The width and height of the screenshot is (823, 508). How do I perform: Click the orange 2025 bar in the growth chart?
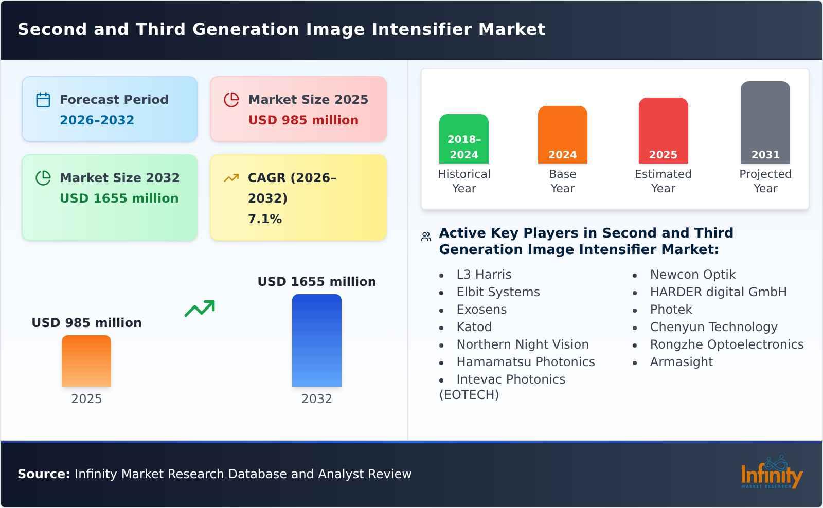(86, 361)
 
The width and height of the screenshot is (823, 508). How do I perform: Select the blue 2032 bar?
(316, 340)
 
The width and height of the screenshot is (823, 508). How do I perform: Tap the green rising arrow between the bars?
(200, 309)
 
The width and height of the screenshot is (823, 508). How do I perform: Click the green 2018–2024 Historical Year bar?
(463, 139)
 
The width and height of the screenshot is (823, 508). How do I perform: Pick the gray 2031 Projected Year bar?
(765, 122)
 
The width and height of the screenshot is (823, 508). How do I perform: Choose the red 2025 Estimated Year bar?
(663, 131)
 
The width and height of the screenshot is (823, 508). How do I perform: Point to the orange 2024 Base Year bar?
(562, 135)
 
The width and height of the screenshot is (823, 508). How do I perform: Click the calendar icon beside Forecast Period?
(43, 100)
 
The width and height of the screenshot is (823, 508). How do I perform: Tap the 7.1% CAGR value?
(265, 219)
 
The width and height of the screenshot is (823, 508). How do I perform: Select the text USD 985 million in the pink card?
(303, 120)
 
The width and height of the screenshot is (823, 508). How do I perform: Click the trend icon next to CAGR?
(231, 178)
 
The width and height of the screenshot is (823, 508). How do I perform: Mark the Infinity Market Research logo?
(771, 473)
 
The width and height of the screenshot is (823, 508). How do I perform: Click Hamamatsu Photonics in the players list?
(525, 362)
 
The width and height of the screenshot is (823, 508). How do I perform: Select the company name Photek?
(671, 310)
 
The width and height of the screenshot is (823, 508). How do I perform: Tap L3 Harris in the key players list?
(484, 275)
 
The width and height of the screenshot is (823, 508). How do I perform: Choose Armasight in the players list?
(681, 362)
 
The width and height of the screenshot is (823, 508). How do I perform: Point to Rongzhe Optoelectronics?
(726, 344)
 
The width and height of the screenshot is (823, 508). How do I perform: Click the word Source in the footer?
(43, 474)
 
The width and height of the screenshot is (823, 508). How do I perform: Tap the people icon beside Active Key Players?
(426, 237)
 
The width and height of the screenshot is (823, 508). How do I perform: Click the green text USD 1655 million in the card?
(119, 198)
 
